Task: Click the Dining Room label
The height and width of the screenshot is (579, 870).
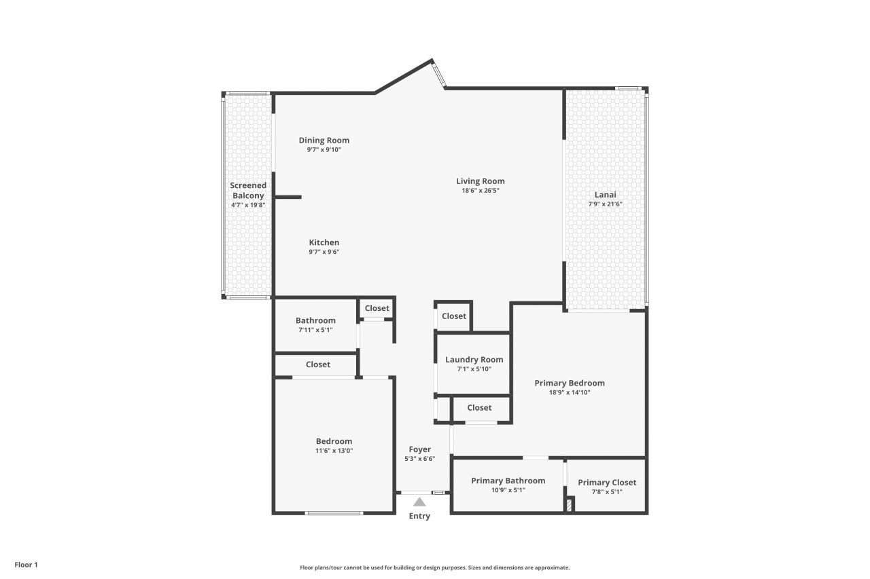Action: (x=324, y=141)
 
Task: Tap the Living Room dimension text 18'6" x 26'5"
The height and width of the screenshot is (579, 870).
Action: (x=480, y=191)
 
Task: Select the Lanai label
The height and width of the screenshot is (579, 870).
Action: (x=605, y=194)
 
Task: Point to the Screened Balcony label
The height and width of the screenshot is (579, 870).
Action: (x=248, y=190)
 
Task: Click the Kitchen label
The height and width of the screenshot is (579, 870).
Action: (x=324, y=242)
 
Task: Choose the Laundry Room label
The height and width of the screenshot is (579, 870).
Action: (x=474, y=360)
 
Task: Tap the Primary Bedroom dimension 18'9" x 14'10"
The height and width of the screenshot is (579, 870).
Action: (x=569, y=392)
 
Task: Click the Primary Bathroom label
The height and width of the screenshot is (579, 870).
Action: (x=508, y=481)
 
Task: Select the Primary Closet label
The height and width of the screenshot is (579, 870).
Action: (x=607, y=483)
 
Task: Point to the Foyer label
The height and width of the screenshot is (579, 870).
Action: (x=419, y=449)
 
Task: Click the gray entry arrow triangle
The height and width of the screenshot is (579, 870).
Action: (x=419, y=502)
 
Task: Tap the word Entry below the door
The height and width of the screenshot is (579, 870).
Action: (x=419, y=517)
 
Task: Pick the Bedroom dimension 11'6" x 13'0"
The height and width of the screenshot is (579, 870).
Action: (x=334, y=451)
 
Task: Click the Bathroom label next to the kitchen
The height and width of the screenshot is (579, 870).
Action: (x=315, y=320)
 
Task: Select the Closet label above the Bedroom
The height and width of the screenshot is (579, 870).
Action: (x=317, y=365)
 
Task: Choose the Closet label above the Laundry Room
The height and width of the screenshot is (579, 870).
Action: (x=454, y=316)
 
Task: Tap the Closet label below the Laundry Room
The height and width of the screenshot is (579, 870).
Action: (x=479, y=407)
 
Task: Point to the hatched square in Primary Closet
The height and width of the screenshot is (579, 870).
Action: (x=569, y=505)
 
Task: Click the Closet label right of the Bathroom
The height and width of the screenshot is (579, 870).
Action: (x=377, y=308)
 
